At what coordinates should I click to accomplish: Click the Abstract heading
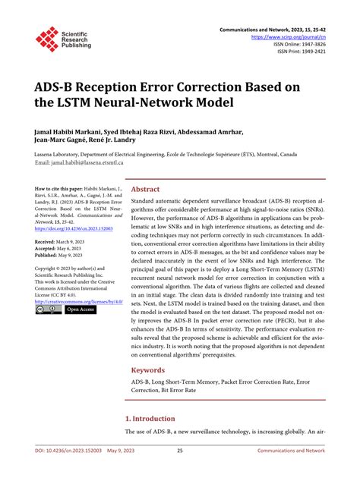146,190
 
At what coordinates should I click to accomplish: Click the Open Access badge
80,310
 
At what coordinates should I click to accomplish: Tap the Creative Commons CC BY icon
48,310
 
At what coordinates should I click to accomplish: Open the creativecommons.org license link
79,301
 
